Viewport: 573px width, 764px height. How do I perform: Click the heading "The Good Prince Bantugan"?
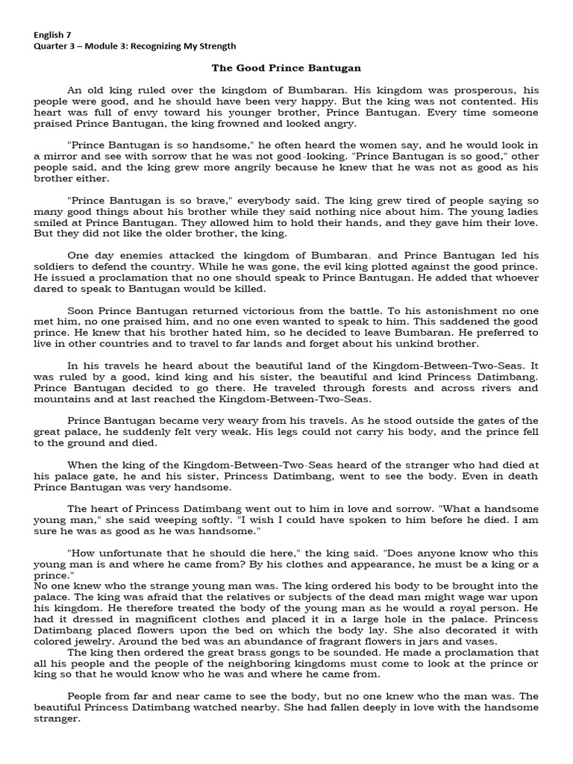point(286,68)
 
